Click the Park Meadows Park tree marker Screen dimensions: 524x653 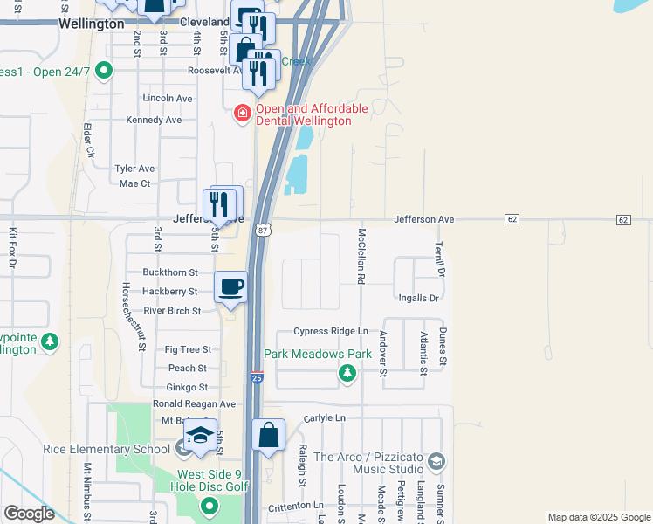(x=347, y=374)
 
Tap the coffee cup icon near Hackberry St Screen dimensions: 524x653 (x=230, y=287)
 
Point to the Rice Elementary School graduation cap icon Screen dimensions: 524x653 (x=200, y=437)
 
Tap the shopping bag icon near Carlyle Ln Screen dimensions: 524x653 (x=269, y=434)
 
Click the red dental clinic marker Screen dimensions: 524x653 (x=242, y=113)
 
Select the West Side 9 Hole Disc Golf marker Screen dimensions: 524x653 (x=209, y=506)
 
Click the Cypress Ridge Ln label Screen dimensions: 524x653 (x=330, y=331)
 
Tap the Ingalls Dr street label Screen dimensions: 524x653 (x=417, y=298)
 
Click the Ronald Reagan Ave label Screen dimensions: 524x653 (x=194, y=404)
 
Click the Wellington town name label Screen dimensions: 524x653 (x=92, y=24)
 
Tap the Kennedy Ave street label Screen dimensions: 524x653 (x=154, y=120)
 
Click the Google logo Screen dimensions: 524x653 (x=29, y=514)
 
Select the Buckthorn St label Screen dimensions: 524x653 (x=170, y=272)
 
